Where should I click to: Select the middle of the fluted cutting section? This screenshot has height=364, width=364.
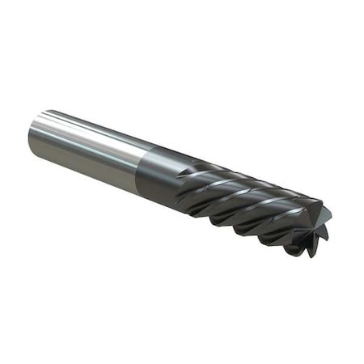point(243,202)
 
